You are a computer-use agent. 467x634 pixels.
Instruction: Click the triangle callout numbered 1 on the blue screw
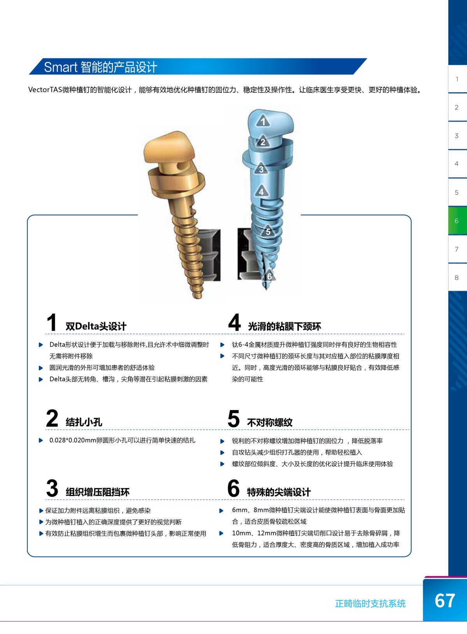pyautogui.click(x=263, y=121)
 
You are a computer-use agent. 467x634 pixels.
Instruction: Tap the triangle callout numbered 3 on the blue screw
pyautogui.click(x=261, y=169)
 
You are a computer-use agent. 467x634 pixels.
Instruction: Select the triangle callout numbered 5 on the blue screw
pyautogui.click(x=268, y=231)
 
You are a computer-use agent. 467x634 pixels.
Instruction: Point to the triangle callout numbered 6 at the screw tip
pyautogui.click(x=269, y=276)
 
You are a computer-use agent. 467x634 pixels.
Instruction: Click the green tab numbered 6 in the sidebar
pyautogui.click(x=457, y=220)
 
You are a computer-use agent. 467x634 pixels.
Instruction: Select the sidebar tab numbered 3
pyautogui.click(x=457, y=136)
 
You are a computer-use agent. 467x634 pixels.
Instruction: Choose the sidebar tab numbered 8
pyautogui.click(x=457, y=277)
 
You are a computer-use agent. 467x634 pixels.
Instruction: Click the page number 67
pyautogui.click(x=445, y=601)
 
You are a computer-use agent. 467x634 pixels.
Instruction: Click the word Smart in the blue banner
pyautogui.click(x=61, y=67)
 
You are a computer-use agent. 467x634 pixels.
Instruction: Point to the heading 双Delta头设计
pyautogui.click(x=96, y=326)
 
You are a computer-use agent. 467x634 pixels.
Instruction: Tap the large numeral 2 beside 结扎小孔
pyautogui.click(x=52, y=418)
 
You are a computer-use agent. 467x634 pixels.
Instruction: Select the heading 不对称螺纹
pyautogui.click(x=270, y=423)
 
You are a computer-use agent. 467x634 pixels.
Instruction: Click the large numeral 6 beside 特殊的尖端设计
pyautogui.click(x=233, y=488)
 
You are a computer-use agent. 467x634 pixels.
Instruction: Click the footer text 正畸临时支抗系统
pyautogui.click(x=370, y=604)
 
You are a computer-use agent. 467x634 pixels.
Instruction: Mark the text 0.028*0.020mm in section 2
pyautogui.click(x=73, y=440)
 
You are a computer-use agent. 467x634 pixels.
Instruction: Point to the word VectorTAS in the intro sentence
pyautogui.click(x=45, y=90)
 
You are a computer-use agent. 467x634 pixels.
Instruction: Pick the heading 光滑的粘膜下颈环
pyautogui.click(x=284, y=327)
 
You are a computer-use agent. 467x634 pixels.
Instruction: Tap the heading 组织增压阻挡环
pyautogui.click(x=98, y=492)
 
